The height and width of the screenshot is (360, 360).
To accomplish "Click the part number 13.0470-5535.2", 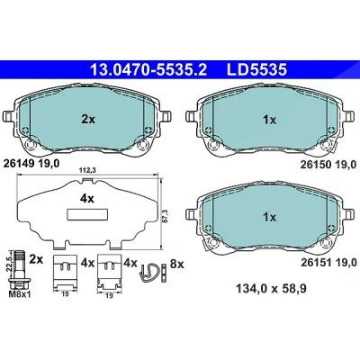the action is tap(148, 70).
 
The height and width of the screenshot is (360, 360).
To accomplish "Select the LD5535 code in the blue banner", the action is tap(256, 70).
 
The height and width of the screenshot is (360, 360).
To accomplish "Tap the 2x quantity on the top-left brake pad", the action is tap(88, 120).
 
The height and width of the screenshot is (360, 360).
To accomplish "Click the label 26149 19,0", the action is tap(31, 164).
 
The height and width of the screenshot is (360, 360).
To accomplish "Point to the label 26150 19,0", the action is tap(328, 165).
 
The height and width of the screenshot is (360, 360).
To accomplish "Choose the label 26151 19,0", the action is tap(328, 263).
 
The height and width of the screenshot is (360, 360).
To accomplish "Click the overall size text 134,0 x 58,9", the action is tap(272, 289).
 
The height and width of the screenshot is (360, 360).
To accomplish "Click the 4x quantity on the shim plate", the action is tap(86, 199).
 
